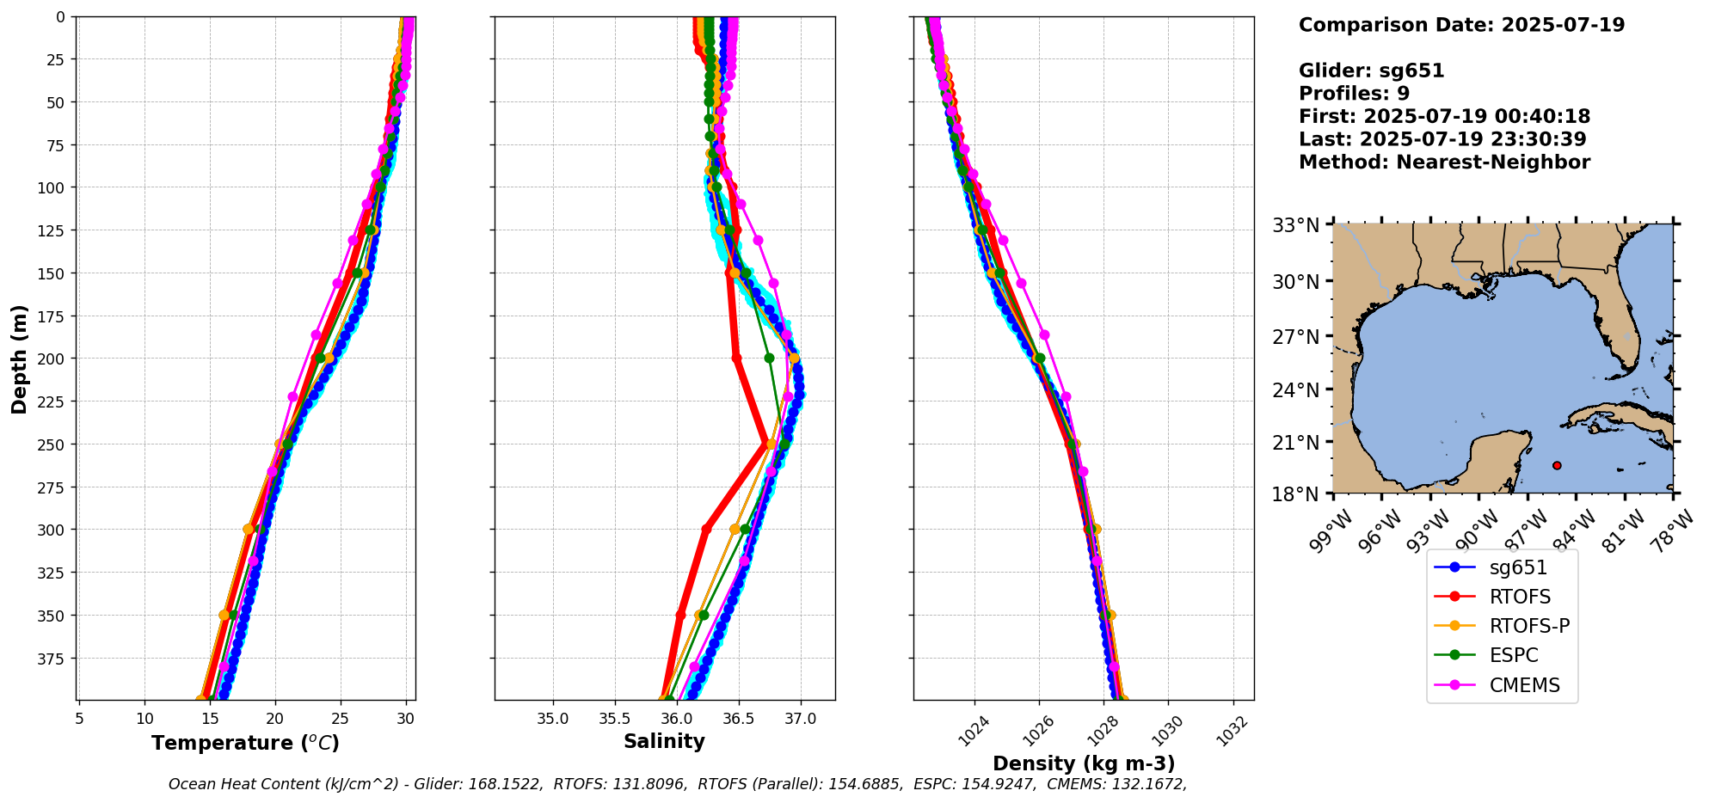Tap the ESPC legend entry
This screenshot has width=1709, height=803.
pos(1513,655)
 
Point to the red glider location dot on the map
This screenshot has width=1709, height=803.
pos(1557,465)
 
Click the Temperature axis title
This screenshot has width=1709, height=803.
pos(245,743)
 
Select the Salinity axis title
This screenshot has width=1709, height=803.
pos(664,741)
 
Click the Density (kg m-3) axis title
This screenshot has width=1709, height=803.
pos(1084,763)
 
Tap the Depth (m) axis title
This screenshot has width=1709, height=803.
pos(19,359)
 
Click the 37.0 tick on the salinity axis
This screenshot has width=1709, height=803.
pos(800,718)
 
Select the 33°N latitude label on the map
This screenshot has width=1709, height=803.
pos(1295,226)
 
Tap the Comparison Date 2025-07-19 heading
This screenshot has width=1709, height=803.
pos(1461,25)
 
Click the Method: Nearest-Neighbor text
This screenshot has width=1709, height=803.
pos(1444,162)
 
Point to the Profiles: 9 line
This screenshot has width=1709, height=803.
pos(1354,93)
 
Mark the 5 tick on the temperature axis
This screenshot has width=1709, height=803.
pos(79,718)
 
